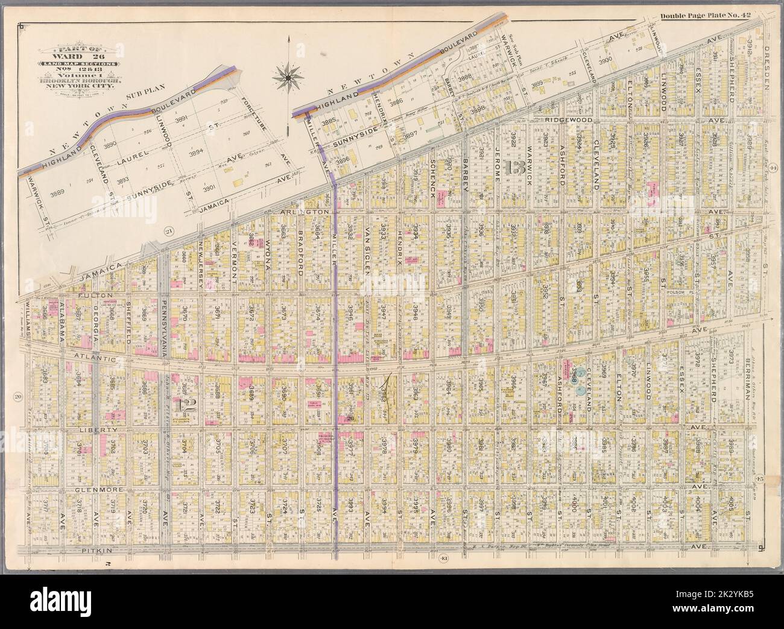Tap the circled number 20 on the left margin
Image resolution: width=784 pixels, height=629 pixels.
pos(18,396)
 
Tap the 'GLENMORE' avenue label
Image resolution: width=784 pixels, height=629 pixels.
pos(96,489)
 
